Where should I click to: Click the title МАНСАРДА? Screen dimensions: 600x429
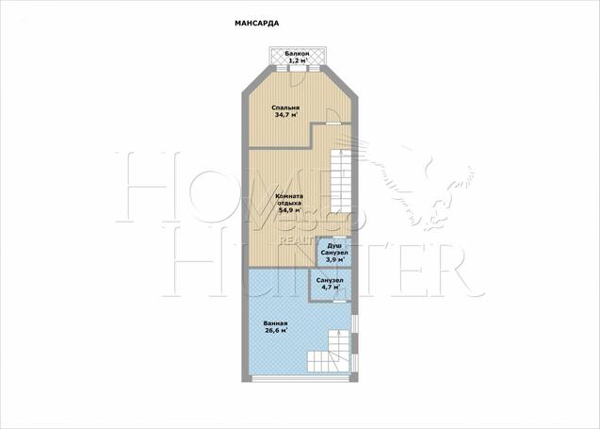point(256,24)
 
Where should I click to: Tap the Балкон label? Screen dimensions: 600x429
point(297,54)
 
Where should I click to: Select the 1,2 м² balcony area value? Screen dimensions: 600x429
point(298,60)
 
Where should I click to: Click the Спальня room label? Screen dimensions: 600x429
point(285,108)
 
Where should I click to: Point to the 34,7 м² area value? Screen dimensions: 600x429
point(286,114)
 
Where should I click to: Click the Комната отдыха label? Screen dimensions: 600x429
point(289,200)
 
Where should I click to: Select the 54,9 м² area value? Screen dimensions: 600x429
point(290,210)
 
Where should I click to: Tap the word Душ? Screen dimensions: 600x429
point(334,246)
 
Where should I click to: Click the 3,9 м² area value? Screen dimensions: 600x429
point(334,259)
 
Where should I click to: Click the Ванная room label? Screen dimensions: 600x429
point(275,323)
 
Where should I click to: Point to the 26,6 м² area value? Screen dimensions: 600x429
point(276,331)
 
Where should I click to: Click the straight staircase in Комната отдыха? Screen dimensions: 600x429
point(341,181)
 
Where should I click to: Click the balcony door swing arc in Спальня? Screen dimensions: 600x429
point(298,78)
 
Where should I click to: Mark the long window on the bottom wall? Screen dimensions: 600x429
point(300,379)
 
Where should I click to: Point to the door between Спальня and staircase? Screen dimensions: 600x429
point(332,117)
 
